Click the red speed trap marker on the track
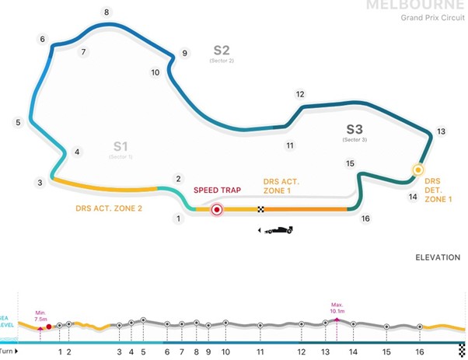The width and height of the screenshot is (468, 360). coord(218,208)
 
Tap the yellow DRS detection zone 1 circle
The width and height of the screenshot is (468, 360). coord(417,170)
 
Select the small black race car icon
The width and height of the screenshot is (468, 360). coord(278,230)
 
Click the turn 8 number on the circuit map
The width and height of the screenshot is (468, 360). coord(107,12)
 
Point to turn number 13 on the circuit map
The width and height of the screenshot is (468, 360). coord(441,131)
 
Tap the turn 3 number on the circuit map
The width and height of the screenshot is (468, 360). coord(39,183)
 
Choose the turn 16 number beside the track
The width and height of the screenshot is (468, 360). coord(365,218)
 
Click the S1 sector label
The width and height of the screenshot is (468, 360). coord(120,145)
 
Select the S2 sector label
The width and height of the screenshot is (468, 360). coord(222,51)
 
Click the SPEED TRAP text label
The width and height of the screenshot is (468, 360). coord(216,190)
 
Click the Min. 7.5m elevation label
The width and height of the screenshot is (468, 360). coord(40,315)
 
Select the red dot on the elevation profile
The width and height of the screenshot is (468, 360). coord(49,327)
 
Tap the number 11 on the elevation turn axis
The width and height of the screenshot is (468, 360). coord(260,351)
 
